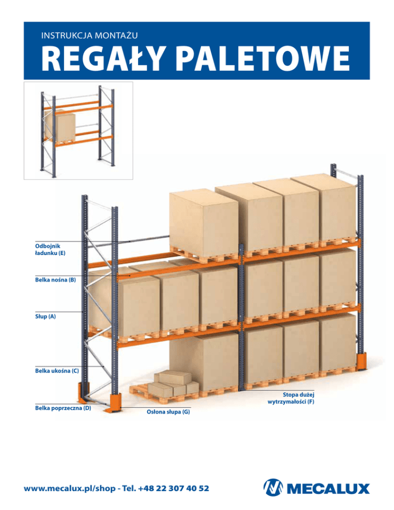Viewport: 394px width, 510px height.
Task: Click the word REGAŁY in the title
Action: tap(102, 58)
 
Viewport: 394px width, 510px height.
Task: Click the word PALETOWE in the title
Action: tap(263, 58)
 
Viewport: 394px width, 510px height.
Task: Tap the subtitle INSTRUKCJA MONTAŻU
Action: tap(89, 35)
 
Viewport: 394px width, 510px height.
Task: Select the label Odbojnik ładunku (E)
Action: tap(50, 249)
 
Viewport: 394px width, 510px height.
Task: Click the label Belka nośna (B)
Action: tap(55, 280)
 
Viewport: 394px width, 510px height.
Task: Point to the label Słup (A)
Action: tap(45, 316)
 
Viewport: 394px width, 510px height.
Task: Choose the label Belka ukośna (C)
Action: tap(57, 370)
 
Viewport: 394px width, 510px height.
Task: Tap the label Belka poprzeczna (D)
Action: tap(63, 407)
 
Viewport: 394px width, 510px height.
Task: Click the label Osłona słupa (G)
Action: tap(168, 412)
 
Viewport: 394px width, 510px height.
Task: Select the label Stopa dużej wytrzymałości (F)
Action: tap(291, 398)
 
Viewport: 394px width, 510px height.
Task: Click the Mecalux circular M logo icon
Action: tap(273, 487)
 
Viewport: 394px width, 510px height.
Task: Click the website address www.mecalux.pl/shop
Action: tap(70, 488)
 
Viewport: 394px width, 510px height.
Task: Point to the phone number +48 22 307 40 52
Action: tap(173, 488)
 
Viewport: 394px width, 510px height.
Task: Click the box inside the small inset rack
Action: tap(60, 126)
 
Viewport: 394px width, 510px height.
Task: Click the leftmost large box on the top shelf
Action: tap(204, 224)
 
